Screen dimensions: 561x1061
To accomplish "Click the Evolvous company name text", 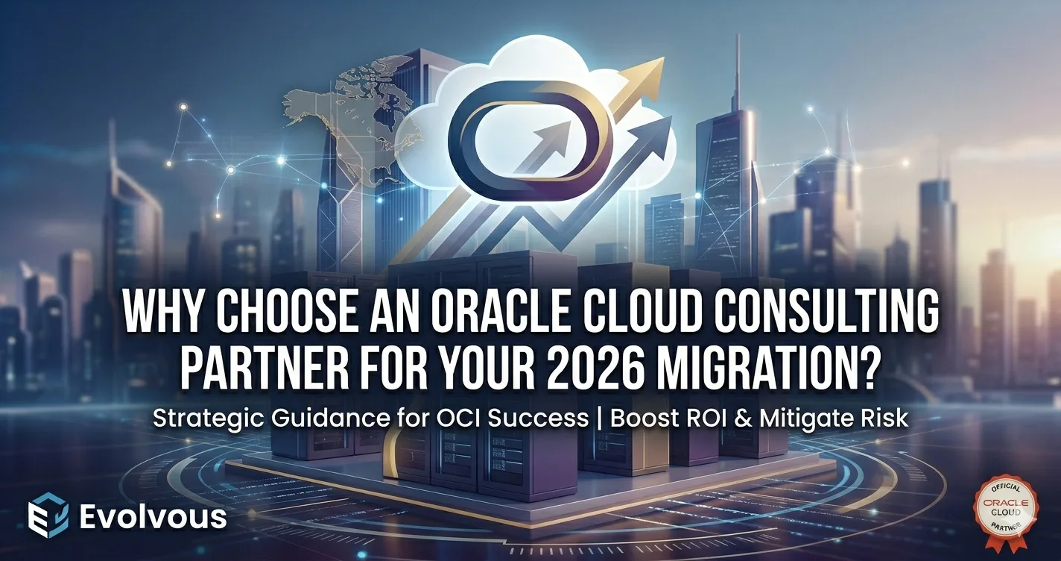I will coord(152,516).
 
